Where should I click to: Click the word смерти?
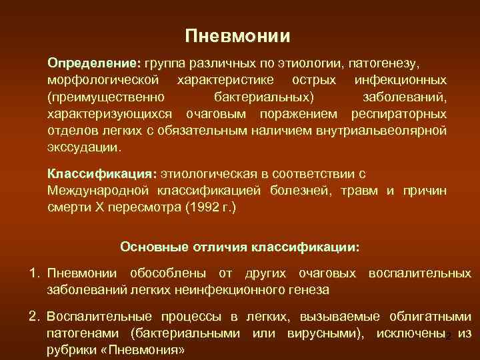pos(66,207)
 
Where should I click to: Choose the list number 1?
pos(33,273)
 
